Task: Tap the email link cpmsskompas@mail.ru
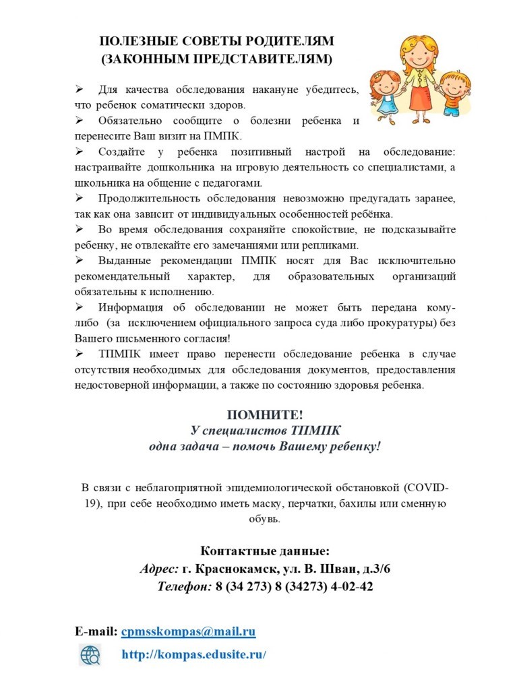188,631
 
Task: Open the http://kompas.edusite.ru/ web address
194,654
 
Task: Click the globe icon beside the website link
90,654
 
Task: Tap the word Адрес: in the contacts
159,569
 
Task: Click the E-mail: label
96,631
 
